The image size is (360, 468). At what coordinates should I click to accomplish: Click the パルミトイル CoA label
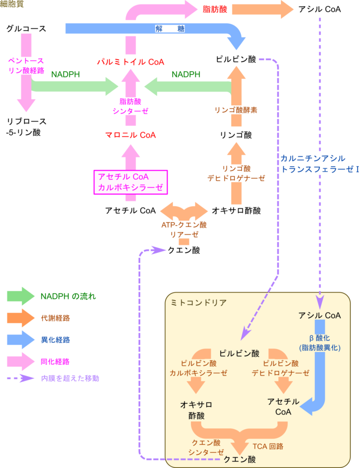coord(131,62)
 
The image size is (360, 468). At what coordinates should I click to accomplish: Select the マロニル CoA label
coord(131,135)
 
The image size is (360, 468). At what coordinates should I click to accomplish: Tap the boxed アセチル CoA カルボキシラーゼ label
coord(131,182)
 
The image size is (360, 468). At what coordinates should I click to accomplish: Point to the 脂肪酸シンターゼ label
coord(131,105)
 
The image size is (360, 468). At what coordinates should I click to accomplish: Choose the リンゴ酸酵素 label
coord(236,110)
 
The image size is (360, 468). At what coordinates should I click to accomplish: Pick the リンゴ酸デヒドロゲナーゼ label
coord(236,173)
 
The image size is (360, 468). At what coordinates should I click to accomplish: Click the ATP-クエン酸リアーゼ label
coord(184,229)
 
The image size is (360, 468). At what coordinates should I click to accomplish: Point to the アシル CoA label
coord(319,315)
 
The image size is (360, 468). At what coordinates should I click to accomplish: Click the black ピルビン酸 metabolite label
coord(239,353)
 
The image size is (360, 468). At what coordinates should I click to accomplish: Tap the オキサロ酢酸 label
coord(196,410)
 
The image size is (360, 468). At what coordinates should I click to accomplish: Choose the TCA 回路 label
coord(268,446)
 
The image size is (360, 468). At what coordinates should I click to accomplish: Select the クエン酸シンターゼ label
coord(206,447)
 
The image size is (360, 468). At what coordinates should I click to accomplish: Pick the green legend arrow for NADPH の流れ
coord(21,296)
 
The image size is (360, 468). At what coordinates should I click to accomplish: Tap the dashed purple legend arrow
coord(21,378)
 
